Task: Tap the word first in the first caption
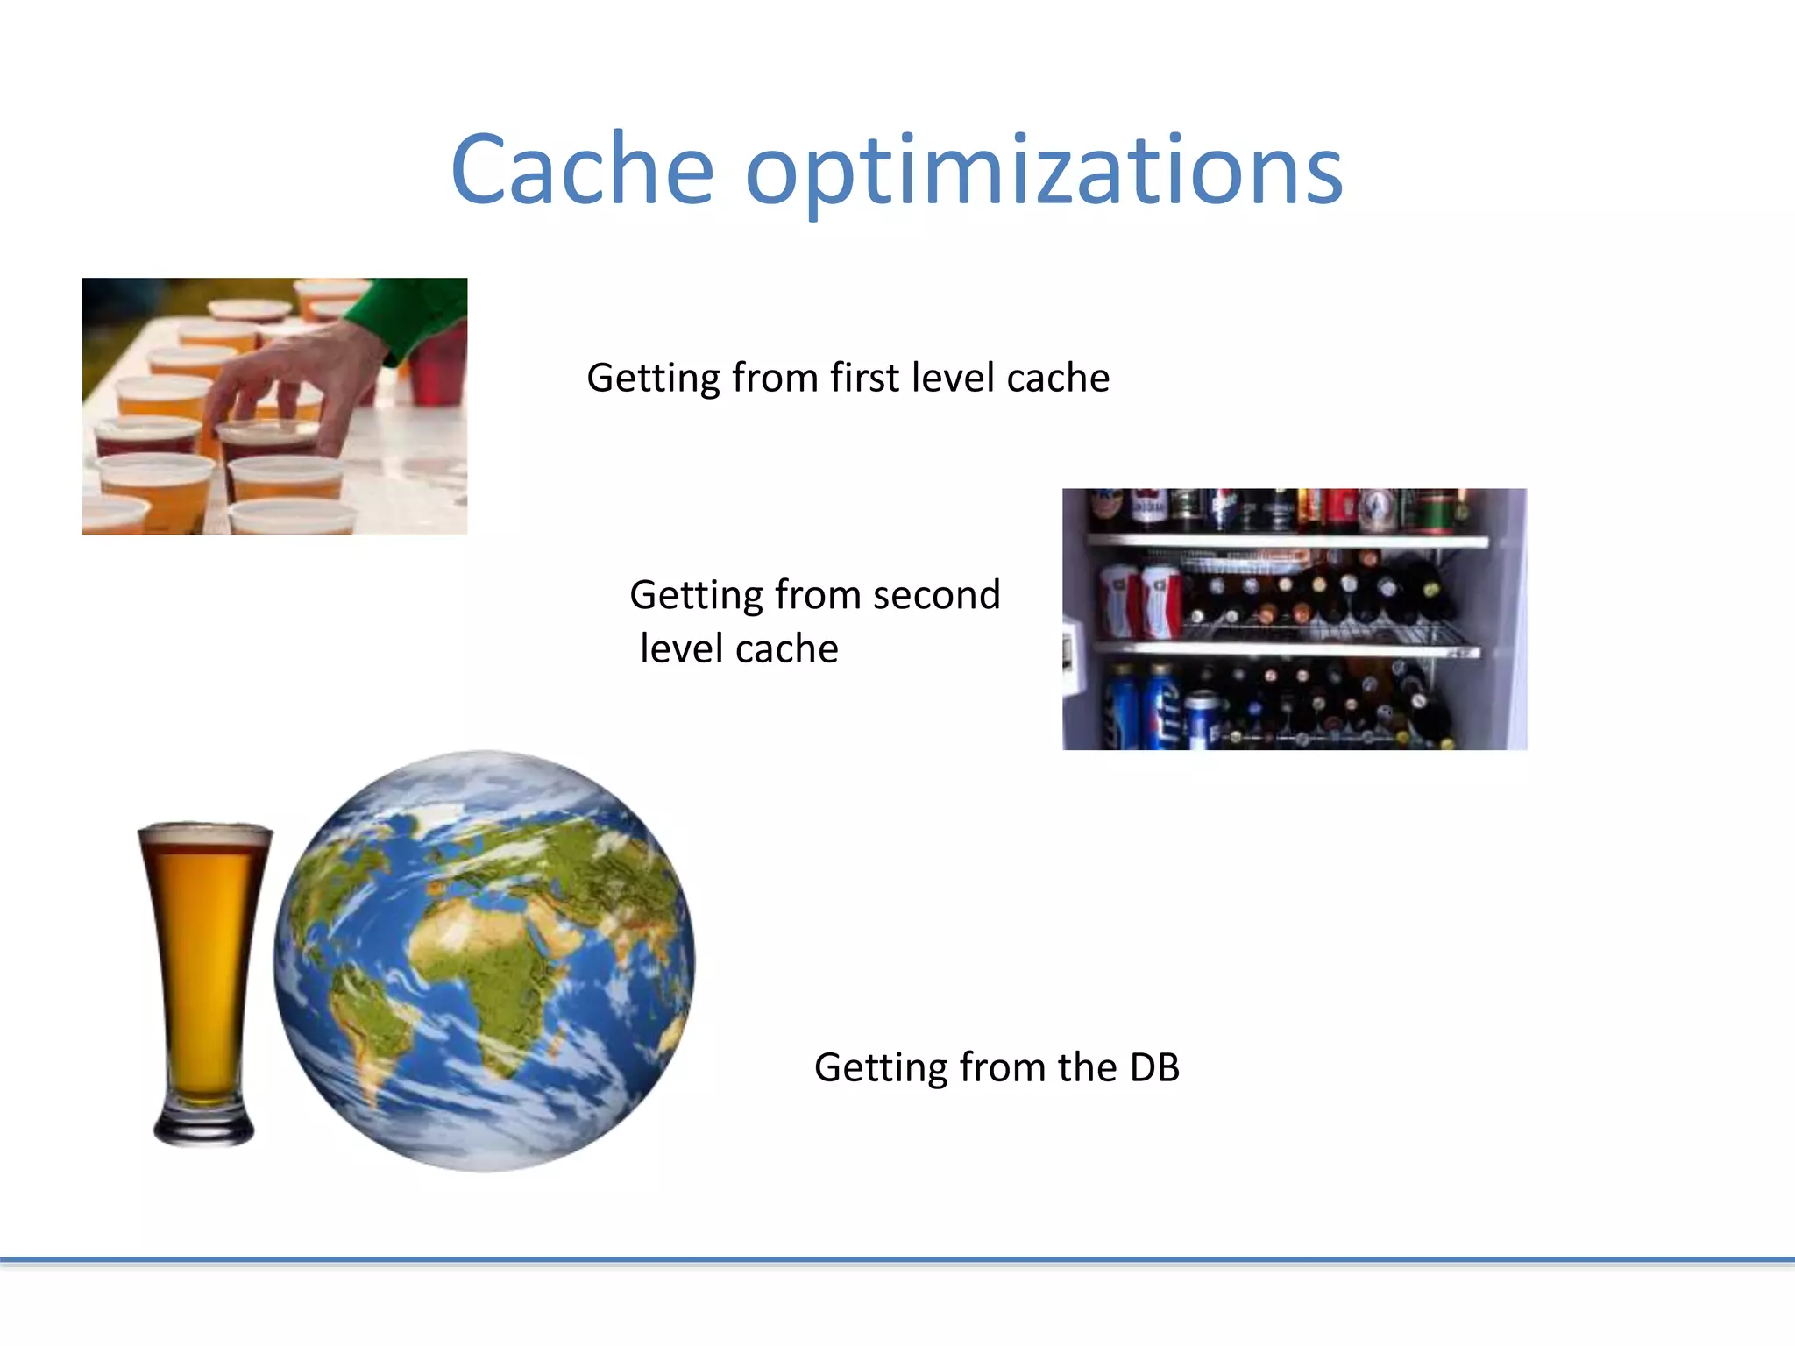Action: click(x=864, y=378)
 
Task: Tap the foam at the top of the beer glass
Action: click(x=205, y=834)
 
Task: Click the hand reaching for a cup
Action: click(x=289, y=377)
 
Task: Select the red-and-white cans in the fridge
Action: click(x=1139, y=600)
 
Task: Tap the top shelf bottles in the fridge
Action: click(x=1271, y=510)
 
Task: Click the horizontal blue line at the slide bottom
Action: click(x=897, y=1260)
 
